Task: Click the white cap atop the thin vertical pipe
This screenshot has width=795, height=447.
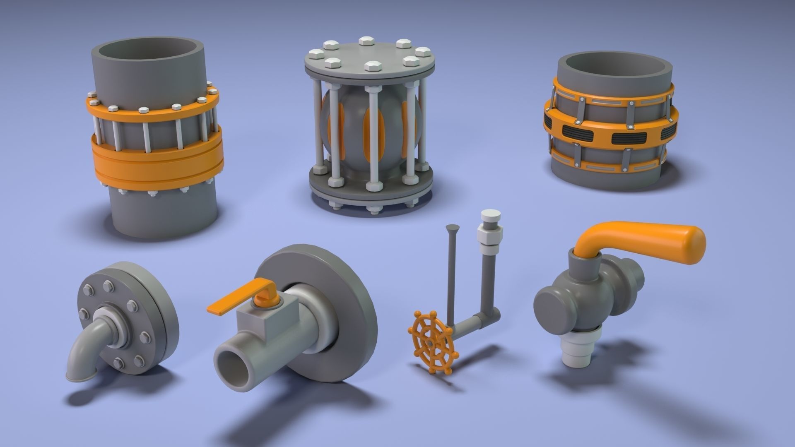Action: tap(490, 217)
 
